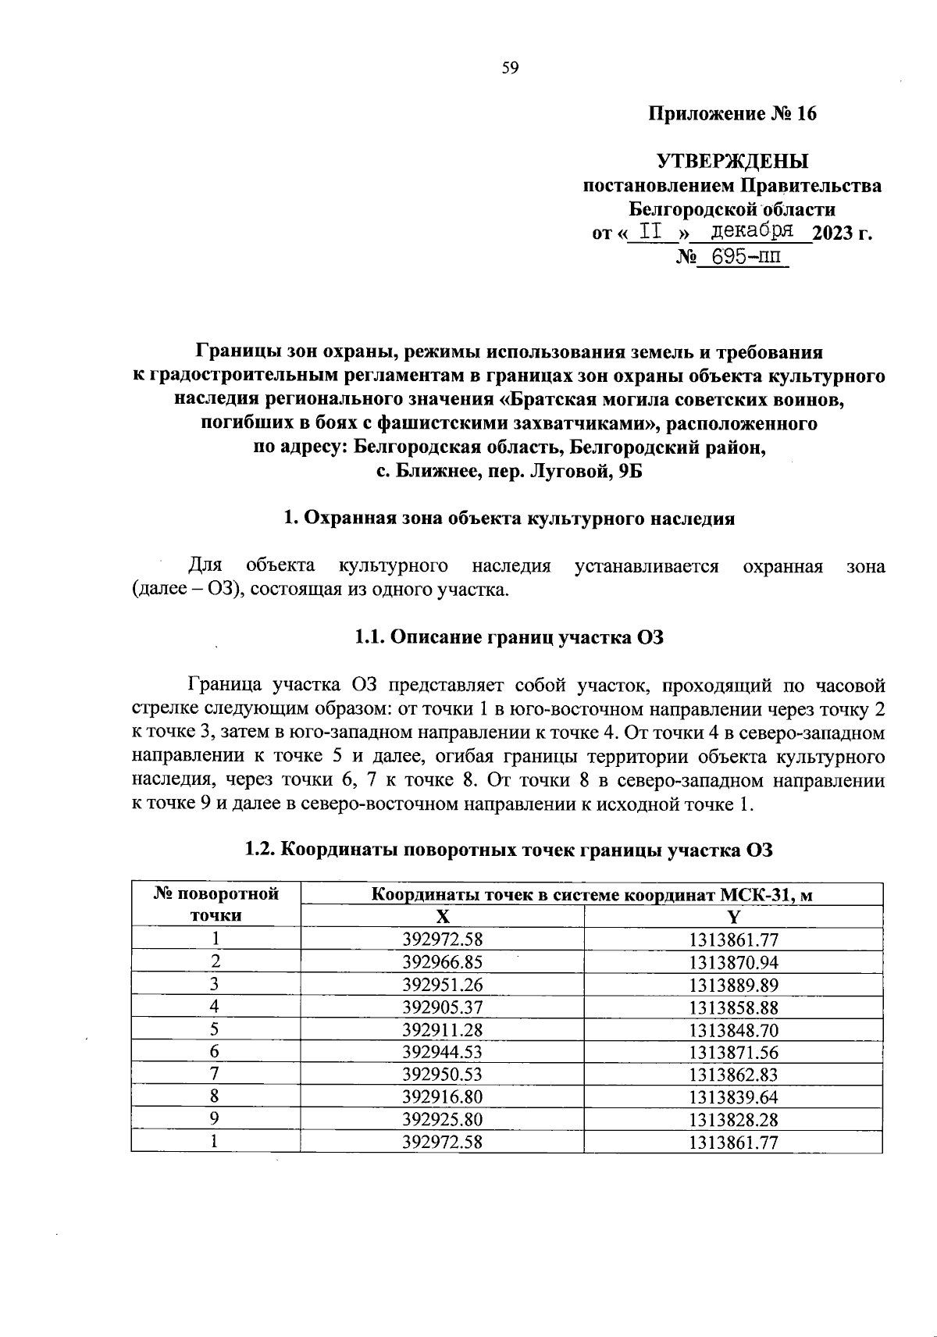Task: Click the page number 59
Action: pos(510,68)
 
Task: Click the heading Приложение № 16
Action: pos(733,114)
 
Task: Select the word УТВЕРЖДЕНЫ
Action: pos(732,162)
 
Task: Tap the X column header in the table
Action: pos(442,917)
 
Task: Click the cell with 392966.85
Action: pos(442,962)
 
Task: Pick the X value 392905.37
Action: pos(442,1007)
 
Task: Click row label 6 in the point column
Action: pos(215,1052)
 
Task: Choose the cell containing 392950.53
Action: pos(442,1075)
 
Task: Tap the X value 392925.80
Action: pos(442,1119)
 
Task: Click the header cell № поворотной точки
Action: pos(216,904)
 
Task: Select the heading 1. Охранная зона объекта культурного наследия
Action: pos(508,519)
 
